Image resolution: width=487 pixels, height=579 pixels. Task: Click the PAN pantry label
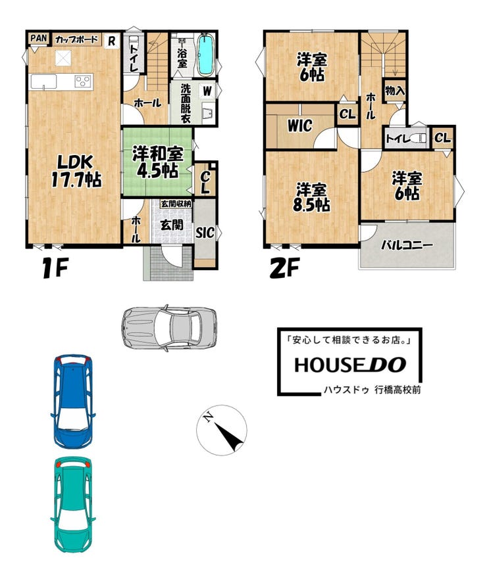(38, 38)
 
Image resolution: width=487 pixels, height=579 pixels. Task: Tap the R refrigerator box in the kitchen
(111, 41)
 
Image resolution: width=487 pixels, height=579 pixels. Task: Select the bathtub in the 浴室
(205, 55)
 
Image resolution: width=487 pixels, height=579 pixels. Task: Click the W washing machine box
(207, 91)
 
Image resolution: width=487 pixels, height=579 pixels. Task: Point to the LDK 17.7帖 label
(76, 171)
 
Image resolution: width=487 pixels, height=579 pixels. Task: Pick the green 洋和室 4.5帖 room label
(158, 162)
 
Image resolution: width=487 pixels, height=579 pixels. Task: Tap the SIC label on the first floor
(205, 233)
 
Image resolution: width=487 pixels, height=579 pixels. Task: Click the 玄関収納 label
(176, 204)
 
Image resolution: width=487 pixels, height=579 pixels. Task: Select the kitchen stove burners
(83, 81)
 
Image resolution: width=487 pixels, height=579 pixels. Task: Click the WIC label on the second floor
(299, 126)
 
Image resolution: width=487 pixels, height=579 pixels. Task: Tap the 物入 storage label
(395, 90)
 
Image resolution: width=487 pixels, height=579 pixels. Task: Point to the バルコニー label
(407, 245)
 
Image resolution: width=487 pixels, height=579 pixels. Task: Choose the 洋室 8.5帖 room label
(311, 198)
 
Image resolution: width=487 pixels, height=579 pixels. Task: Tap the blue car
(73, 402)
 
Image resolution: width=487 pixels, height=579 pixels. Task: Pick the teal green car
(73, 505)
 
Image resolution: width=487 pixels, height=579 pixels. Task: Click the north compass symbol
(222, 430)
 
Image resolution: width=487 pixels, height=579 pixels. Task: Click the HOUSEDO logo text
(350, 365)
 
